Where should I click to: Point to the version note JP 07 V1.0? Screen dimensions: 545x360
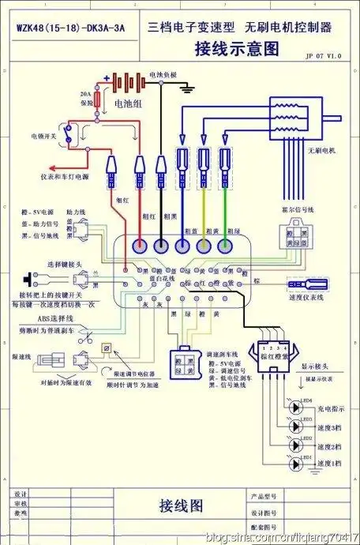324,57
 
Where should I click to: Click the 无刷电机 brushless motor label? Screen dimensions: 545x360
322,150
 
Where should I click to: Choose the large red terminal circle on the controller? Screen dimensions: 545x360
141,246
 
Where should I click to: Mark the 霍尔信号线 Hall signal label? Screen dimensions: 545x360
297,210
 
